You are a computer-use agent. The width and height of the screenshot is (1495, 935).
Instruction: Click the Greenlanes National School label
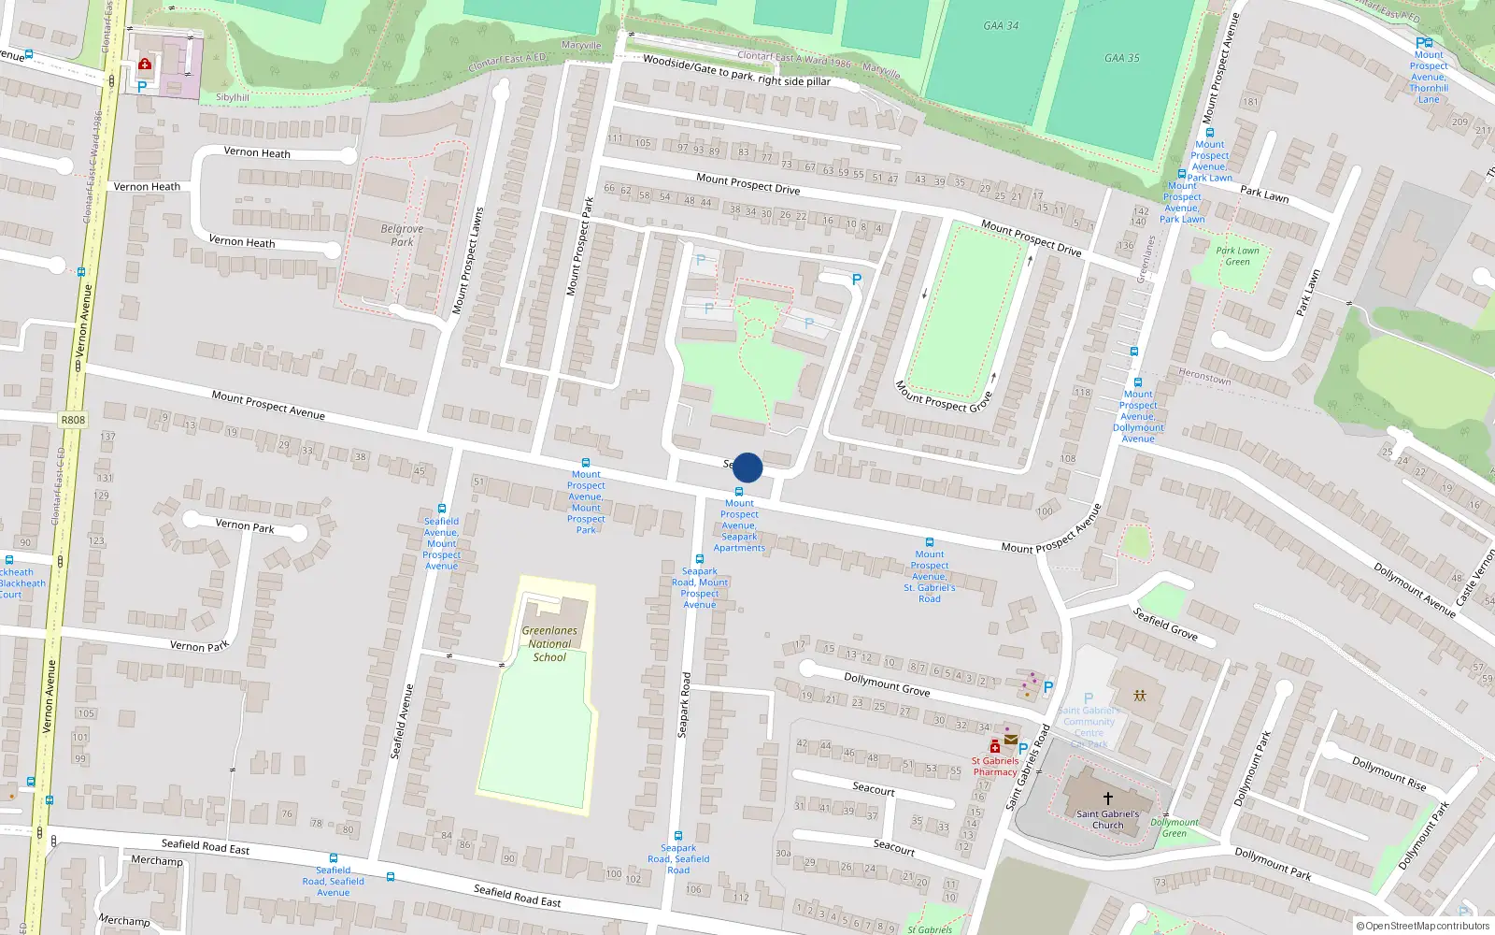[x=549, y=643]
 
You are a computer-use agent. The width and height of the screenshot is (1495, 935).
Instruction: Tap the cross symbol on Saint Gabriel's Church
[x=1108, y=798]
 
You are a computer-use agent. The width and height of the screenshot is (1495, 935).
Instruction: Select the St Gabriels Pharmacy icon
[x=995, y=746]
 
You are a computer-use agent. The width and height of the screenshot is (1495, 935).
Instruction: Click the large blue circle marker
[x=747, y=467]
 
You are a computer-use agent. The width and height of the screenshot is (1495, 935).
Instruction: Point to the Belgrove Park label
[x=402, y=235]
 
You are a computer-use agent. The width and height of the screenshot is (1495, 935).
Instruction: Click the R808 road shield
[x=73, y=420]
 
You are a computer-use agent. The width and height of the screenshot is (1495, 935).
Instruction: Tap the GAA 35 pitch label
[x=1121, y=58]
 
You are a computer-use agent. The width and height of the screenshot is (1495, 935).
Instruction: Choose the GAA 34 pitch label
[x=1001, y=26]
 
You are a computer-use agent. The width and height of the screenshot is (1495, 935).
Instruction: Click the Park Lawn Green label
[x=1237, y=256]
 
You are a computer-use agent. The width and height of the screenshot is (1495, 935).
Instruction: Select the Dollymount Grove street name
[x=887, y=684]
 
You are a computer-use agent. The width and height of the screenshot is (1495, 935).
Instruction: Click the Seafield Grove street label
[x=1165, y=624]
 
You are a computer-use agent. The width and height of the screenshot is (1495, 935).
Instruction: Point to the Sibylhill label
[x=233, y=97]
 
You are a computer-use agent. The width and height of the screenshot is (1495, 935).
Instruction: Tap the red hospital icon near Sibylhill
[x=145, y=65]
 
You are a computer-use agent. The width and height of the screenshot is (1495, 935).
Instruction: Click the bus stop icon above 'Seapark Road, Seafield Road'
[x=678, y=836]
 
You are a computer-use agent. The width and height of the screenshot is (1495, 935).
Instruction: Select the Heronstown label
[x=1204, y=377]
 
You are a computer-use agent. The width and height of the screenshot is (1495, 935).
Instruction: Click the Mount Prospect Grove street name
[x=943, y=396]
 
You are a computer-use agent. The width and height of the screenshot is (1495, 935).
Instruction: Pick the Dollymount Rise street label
[x=1388, y=773]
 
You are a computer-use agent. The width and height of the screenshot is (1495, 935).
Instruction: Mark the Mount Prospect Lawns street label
[x=468, y=260]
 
